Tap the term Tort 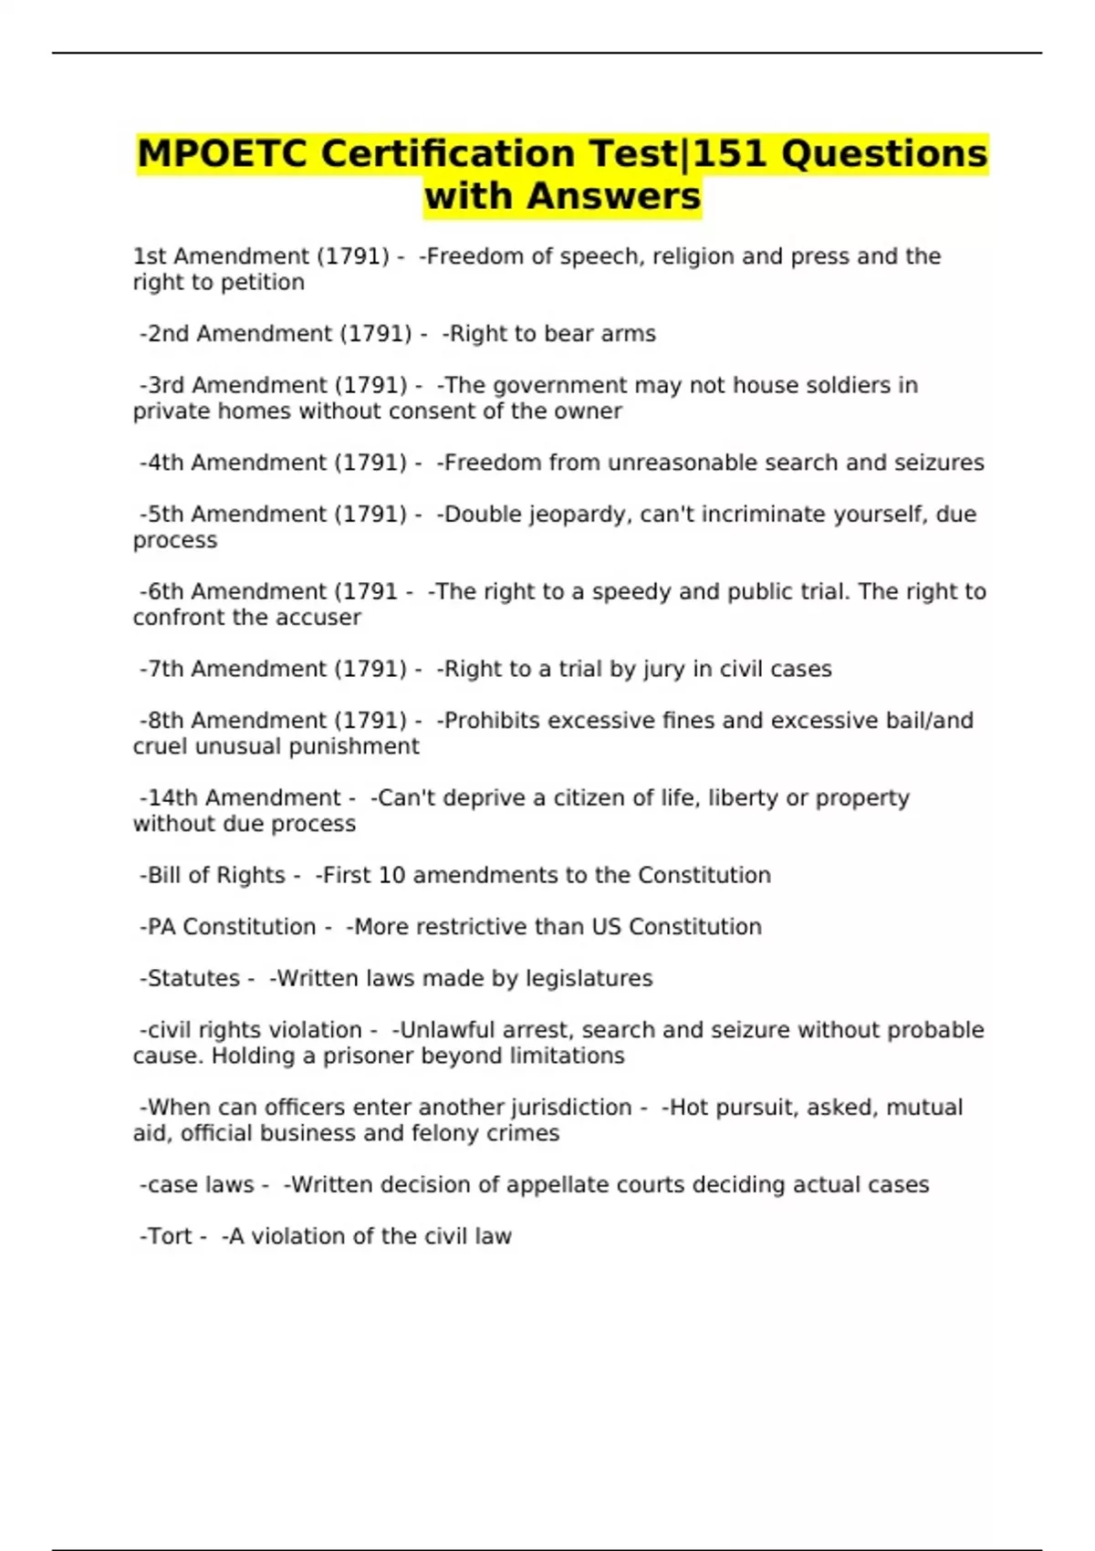point(170,1236)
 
